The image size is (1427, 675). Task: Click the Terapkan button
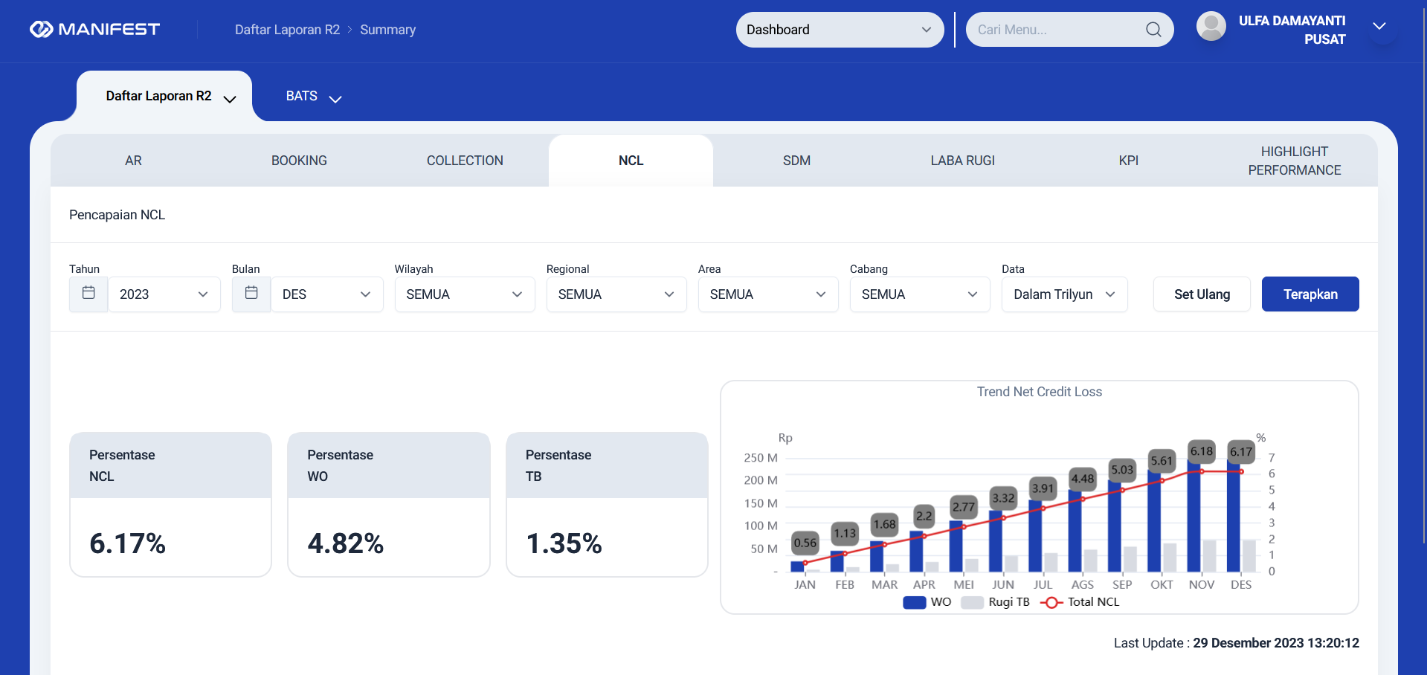tap(1310, 294)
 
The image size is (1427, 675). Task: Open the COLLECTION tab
tap(465, 161)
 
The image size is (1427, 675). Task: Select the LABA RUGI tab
tap(962, 161)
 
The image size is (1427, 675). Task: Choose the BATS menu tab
tap(313, 97)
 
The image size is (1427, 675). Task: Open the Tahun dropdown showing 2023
tap(164, 294)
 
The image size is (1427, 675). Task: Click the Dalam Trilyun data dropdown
tap(1064, 294)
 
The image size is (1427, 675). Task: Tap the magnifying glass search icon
tap(1153, 30)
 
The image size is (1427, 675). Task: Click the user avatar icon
tap(1211, 27)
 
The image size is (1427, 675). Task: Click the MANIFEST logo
tap(94, 29)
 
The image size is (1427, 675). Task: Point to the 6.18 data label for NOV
tap(1202, 450)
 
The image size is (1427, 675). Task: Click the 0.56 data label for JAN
tap(805, 543)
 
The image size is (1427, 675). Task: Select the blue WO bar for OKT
tap(1154, 521)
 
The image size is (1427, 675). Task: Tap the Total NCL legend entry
tap(1080, 602)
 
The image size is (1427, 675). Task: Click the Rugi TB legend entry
tap(996, 602)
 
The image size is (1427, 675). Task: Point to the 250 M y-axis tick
tap(761, 458)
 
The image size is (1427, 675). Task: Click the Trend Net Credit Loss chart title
tap(1040, 392)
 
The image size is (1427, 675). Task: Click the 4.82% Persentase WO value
tap(346, 543)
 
